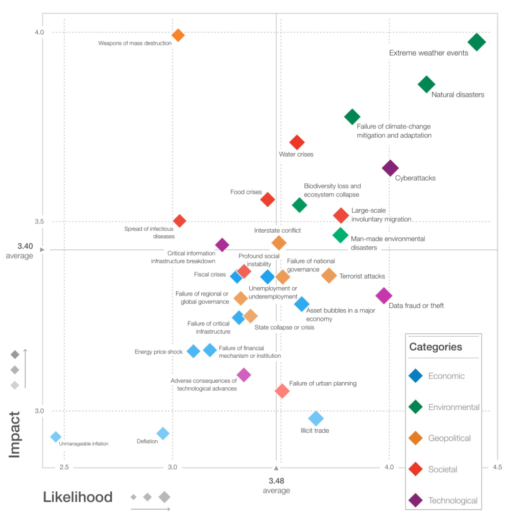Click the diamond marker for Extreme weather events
[477, 42]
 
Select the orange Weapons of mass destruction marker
[178, 35]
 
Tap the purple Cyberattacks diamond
[390, 168]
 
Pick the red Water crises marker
[297, 142]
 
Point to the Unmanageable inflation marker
[56, 437]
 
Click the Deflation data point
[162, 433]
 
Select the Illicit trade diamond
[316, 418]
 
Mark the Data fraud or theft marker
[384, 295]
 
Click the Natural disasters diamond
[426, 85]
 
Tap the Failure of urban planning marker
[282, 391]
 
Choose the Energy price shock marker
[193, 351]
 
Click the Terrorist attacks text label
[362, 277]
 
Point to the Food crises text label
[246, 192]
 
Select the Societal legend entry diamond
[416, 469]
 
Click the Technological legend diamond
[416, 501]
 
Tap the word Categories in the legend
[436, 347]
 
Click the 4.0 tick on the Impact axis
[39, 33]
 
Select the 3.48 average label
[276, 481]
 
